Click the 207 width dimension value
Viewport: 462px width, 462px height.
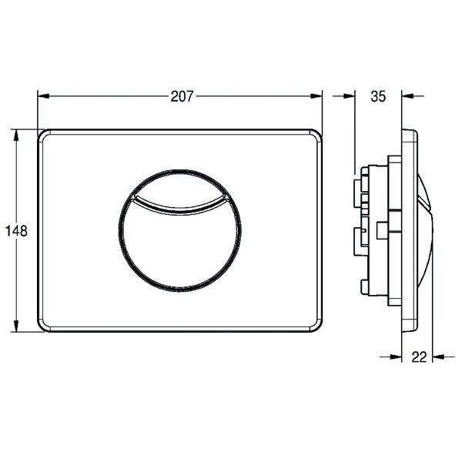182,96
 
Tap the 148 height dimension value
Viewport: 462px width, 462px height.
16,231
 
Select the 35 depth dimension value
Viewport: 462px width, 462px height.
378,96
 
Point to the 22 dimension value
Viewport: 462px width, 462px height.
419,357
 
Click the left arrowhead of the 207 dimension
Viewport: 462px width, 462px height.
43,96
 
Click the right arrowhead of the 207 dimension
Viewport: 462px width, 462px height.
316,96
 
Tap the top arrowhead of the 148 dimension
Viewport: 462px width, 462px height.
16,136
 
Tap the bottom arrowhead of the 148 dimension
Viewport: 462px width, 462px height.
16,326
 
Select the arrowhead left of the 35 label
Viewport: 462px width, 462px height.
349,95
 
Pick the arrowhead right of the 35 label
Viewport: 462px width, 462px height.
407,95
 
